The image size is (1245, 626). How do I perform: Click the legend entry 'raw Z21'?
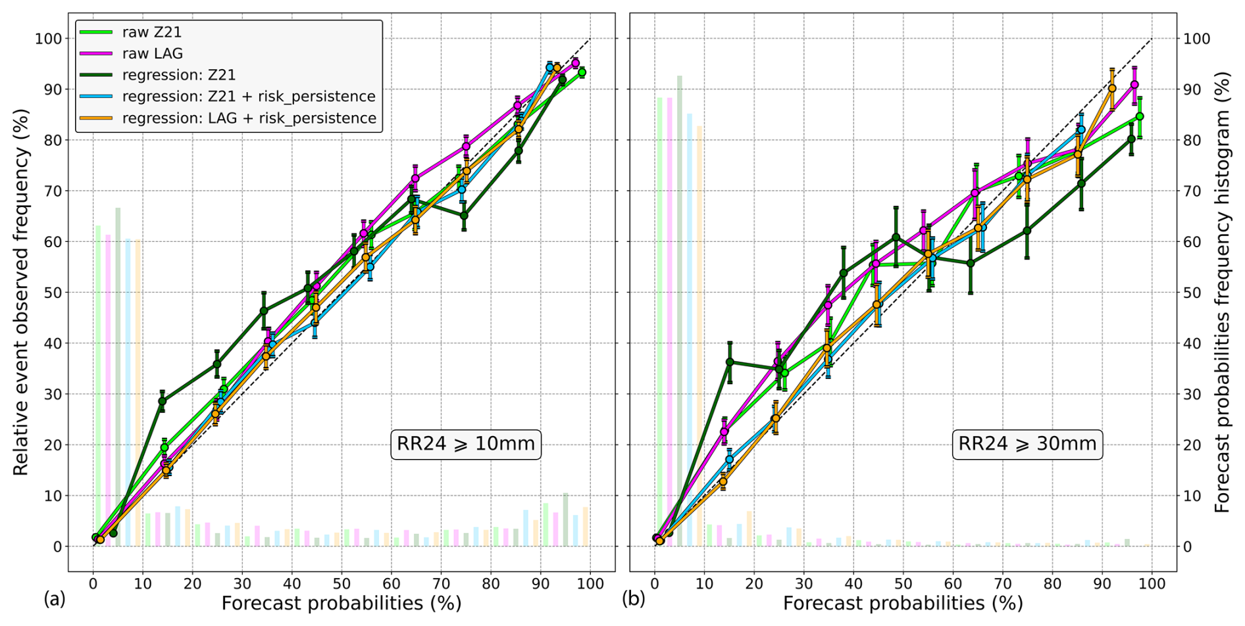[x=151, y=32]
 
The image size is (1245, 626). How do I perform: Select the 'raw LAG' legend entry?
[x=152, y=54]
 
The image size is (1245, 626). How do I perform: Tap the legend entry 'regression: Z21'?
[x=178, y=75]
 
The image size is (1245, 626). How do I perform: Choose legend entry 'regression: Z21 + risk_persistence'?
[x=248, y=97]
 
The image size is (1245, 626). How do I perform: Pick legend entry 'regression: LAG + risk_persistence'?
[x=249, y=118]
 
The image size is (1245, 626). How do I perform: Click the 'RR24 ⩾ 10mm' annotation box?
[x=466, y=444]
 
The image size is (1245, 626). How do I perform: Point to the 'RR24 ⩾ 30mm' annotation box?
[x=1027, y=444]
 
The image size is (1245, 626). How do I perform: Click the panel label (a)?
[x=55, y=599]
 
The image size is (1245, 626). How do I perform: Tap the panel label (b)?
[x=634, y=599]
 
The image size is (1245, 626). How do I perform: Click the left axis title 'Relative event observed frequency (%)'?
[x=21, y=292]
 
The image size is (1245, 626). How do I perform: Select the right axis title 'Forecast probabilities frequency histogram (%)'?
[x=1222, y=292]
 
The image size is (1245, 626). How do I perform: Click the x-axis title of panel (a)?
[x=341, y=603]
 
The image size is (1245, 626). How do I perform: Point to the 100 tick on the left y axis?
[x=48, y=39]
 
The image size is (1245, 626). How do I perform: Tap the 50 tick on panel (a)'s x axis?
[x=341, y=583]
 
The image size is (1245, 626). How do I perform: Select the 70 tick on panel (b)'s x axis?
[x=1002, y=583]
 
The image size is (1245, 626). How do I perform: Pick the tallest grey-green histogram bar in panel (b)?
[x=680, y=309]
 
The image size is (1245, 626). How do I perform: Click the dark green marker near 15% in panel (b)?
[x=729, y=362]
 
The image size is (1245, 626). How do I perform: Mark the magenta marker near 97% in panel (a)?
[x=575, y=63]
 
